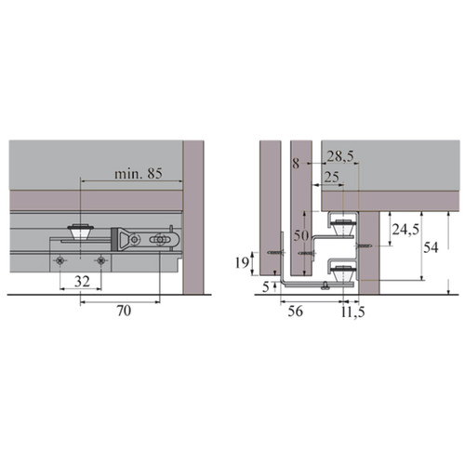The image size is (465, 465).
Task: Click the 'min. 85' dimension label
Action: [x=139, y=174]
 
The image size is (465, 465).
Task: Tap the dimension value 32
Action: [x=82, y=282]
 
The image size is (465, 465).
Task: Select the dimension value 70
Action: [x=124, y=311]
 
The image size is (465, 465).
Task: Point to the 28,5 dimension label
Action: [x=340, y=157]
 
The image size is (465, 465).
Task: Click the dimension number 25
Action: [x=331, y=178]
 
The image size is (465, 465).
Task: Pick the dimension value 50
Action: [x=301, y=235]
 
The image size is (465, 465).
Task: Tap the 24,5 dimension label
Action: [x=405, y=230]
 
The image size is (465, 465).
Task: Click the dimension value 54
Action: [x=431, y=247]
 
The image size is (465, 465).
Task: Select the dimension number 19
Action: [x=242, y=263]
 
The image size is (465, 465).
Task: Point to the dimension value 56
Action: [x=295, y=311]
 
